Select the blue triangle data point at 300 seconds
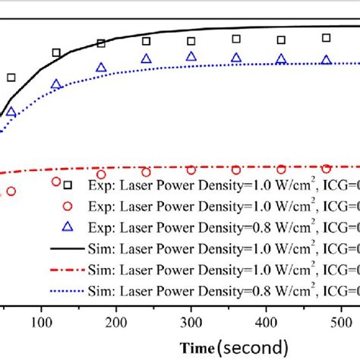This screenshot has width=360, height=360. (191, 56)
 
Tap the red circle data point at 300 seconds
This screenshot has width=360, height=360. (191, 171)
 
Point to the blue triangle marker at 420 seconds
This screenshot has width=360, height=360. (281, 58)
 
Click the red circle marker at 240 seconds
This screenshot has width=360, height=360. (146, 172)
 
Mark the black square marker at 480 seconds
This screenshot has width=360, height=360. (326, 37)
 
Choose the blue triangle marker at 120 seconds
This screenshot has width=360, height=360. (56, 84)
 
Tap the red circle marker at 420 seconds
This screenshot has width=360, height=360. (281, 169)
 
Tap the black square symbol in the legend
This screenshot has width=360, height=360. (68, 185)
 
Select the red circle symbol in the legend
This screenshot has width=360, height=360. (68, 206)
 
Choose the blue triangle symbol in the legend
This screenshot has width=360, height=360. (68, 226)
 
